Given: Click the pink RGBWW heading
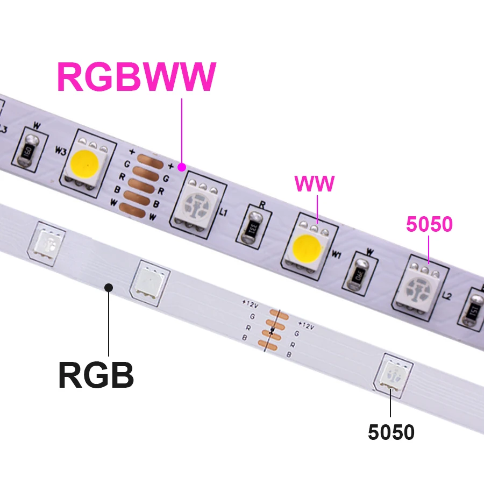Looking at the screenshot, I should tap(136, 77).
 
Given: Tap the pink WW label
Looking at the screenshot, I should tap(314, 184).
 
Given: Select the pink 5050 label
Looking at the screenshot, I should tap(429, 225).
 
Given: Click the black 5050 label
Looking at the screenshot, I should tap(391, 432).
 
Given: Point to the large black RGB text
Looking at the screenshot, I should tap(96, 375).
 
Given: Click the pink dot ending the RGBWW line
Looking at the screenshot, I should tap(182, 166).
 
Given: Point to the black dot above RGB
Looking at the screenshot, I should tap(109, 287).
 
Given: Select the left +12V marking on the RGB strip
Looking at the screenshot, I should tap(251, 302).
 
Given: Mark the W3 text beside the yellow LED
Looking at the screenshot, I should tap(60, 152).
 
